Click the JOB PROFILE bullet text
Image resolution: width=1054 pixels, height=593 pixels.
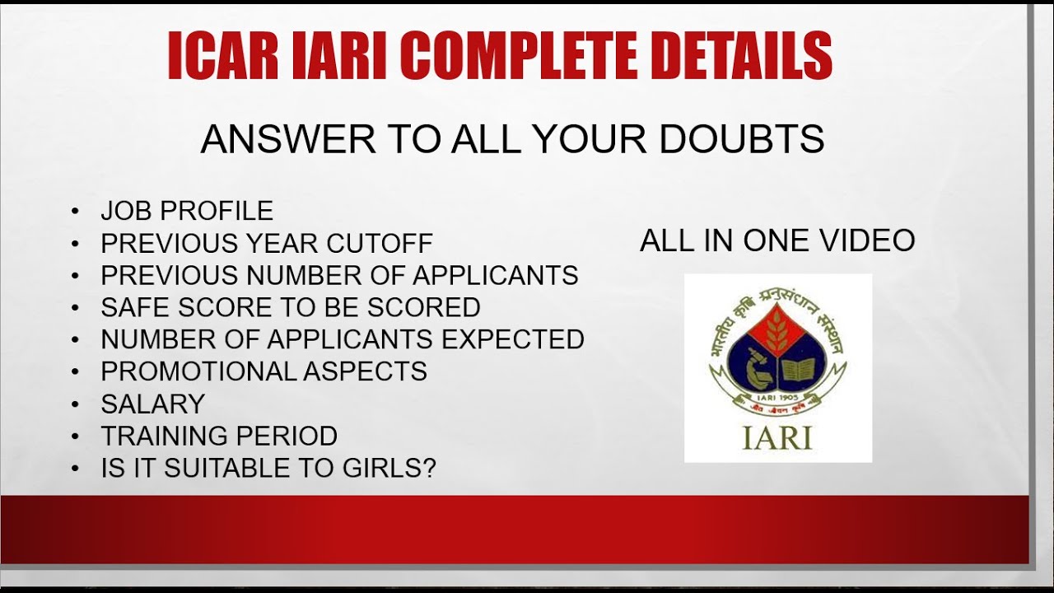click(x=187, y=211)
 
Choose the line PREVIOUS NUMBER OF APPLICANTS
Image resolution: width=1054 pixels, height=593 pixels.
click(x=339, y=275)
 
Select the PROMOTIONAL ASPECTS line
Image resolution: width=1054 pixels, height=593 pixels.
click(x=263, y=371)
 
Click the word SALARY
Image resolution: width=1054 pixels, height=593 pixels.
click(x=152, y=404)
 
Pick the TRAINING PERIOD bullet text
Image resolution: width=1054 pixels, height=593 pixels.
click(x=219, y=436)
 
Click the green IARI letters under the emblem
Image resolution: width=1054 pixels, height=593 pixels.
click(x=777, y=437)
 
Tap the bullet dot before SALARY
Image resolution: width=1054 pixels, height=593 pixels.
click(x=76, y=404)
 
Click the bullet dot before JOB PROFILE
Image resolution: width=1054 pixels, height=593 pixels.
click(x=76, y=212)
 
